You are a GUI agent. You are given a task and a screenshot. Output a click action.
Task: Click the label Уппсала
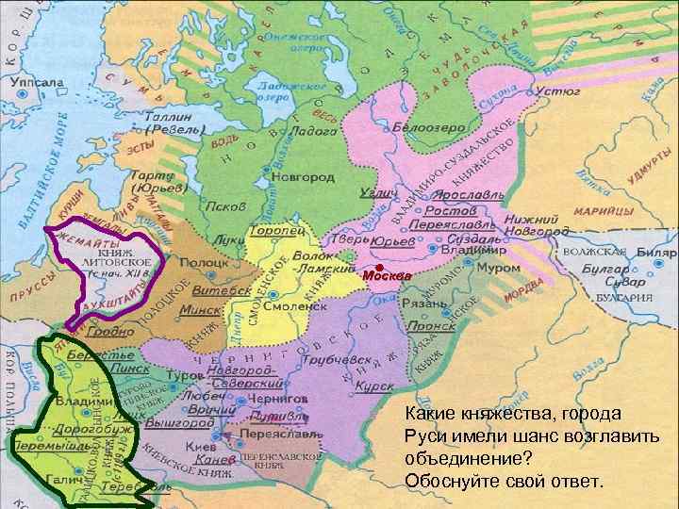coord(35,82)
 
